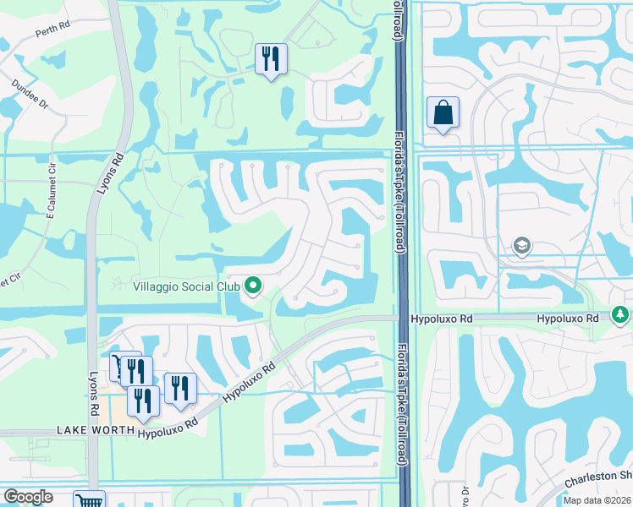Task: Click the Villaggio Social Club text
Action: (x=185, y=286)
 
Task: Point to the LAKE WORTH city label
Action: (x=96, y=430)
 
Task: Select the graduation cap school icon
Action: (x=522, y=246)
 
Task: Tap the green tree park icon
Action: (x=621, y=315)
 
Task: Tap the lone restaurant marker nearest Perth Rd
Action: (x=271, y=59)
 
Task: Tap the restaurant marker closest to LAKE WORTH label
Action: (x=143, y=401)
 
